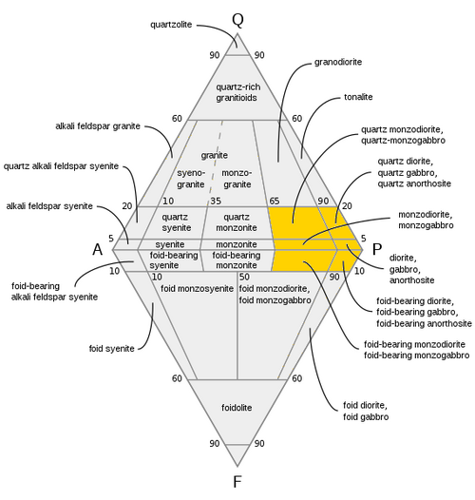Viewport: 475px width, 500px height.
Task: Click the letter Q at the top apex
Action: point(237,20)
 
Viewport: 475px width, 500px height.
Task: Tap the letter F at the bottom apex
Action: point(237,482)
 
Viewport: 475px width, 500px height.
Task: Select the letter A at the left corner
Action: point(98,249)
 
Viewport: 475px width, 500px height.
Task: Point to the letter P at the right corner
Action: point(377,249)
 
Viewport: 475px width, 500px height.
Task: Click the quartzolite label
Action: point(171,25)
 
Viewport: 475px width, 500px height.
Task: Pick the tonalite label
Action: point(358,97)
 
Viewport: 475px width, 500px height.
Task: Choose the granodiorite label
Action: point(338,62)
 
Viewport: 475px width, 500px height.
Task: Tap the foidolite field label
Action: point(237,408)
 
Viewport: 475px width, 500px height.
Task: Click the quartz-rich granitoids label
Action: point(237,92)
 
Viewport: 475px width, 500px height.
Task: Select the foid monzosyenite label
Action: point(197,289)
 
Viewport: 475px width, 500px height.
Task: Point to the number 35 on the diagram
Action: point(216,201)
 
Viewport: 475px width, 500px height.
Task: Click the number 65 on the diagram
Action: point(275,201)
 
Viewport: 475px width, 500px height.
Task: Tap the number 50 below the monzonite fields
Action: point(244,277)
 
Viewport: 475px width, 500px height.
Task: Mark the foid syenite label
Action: point(111,349)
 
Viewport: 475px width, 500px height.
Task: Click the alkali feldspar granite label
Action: point(98,126)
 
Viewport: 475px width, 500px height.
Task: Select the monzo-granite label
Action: point(237,179)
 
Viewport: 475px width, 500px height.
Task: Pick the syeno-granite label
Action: point(191,179)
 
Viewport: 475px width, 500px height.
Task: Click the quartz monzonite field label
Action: point(237,222)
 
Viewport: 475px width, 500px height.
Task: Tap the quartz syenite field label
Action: point(176,222)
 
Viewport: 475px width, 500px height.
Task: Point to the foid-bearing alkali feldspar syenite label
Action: point(54,292)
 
